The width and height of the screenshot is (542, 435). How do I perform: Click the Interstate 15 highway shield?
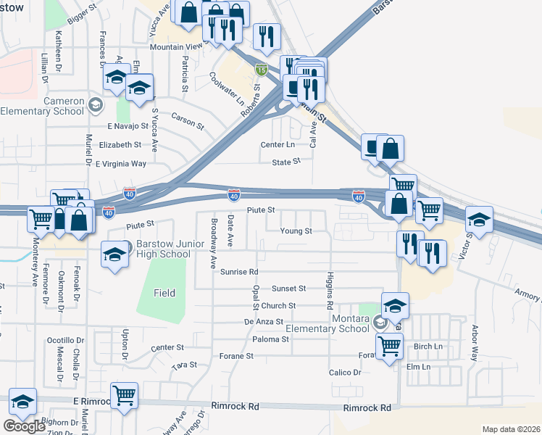tap(261, 70)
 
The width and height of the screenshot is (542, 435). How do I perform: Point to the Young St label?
tap(296, 231)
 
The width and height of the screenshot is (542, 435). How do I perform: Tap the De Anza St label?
tap(263, 321)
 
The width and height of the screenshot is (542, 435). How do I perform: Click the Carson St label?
tap(188, 120)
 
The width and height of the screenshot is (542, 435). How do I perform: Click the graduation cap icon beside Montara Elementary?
tap(395, 305)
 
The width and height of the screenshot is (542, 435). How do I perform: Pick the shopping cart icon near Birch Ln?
tap(389, 347)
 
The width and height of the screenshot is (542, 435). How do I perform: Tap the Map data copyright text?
tap(511, 429)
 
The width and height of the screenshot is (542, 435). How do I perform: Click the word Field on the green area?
tap(164, 293)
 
